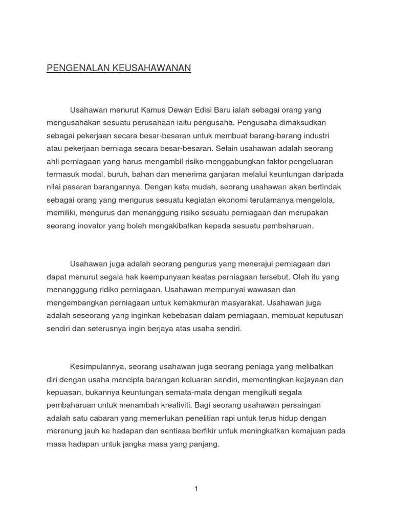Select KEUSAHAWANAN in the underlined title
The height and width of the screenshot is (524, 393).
153,68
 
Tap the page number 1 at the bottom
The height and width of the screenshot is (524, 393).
196,489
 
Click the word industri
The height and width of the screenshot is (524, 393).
316,136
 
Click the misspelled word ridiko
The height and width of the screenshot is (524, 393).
103,290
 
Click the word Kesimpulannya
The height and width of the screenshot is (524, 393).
97,367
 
